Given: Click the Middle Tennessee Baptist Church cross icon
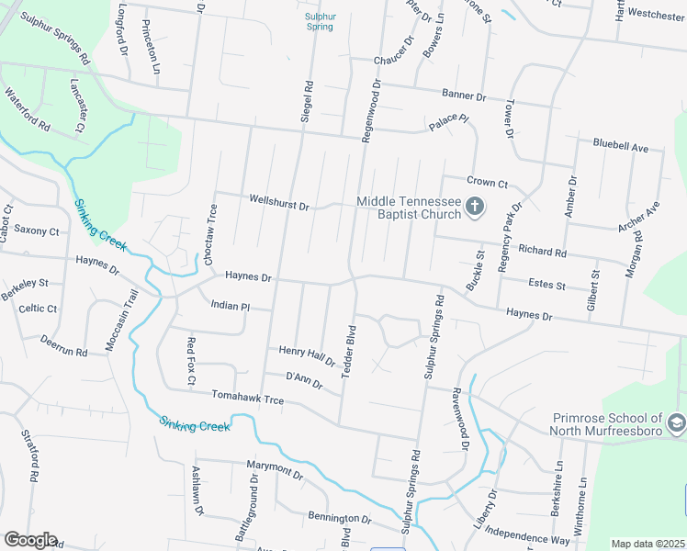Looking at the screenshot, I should pos(475,207).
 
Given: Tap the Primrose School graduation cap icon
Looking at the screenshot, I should pos(677,422).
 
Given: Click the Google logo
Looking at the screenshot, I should pos(30,540).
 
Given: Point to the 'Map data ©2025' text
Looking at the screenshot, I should pos(647,544).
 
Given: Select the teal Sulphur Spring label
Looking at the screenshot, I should pos(320,21).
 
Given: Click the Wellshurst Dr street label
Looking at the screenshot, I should pos(278,202).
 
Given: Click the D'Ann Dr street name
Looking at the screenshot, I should pos(304,380).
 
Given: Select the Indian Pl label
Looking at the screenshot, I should pos(230,305).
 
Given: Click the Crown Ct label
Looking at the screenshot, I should pos(488,184).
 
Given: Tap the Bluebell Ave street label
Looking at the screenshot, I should pos(621,146).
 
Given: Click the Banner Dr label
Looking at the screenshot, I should pos(463,95).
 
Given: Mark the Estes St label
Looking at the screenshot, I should pos(547,285).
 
